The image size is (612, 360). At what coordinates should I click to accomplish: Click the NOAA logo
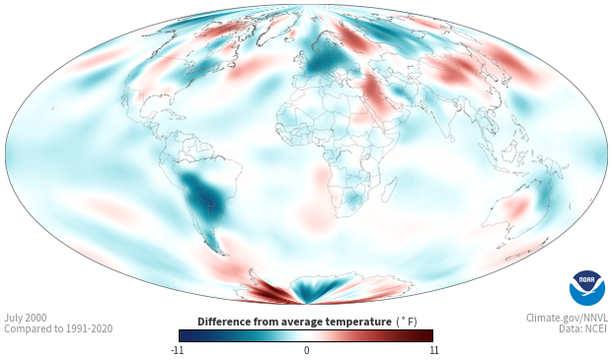tap(587, 287)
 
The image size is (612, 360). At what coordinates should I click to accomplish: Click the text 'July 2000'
tap(26, 318)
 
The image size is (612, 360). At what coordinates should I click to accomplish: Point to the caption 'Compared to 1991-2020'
tap(58, 328)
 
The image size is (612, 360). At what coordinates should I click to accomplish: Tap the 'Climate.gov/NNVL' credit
tap(567, 318)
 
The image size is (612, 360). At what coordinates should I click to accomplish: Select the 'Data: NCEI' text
tap(583, 328)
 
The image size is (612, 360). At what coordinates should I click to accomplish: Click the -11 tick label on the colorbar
tap(177, 350)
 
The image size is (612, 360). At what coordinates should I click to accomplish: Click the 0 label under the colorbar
tap(306, 350)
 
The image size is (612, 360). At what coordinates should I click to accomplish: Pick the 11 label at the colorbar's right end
tap(433, 350)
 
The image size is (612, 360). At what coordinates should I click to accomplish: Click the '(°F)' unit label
tap(407, 322)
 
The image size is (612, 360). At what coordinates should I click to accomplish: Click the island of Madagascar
tap(390, 189)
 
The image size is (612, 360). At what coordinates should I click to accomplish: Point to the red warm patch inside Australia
tap(518, 206)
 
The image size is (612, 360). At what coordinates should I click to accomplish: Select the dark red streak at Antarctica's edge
tap(269, 292)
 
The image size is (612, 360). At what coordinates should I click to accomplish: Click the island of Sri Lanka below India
tap(451, 139)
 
